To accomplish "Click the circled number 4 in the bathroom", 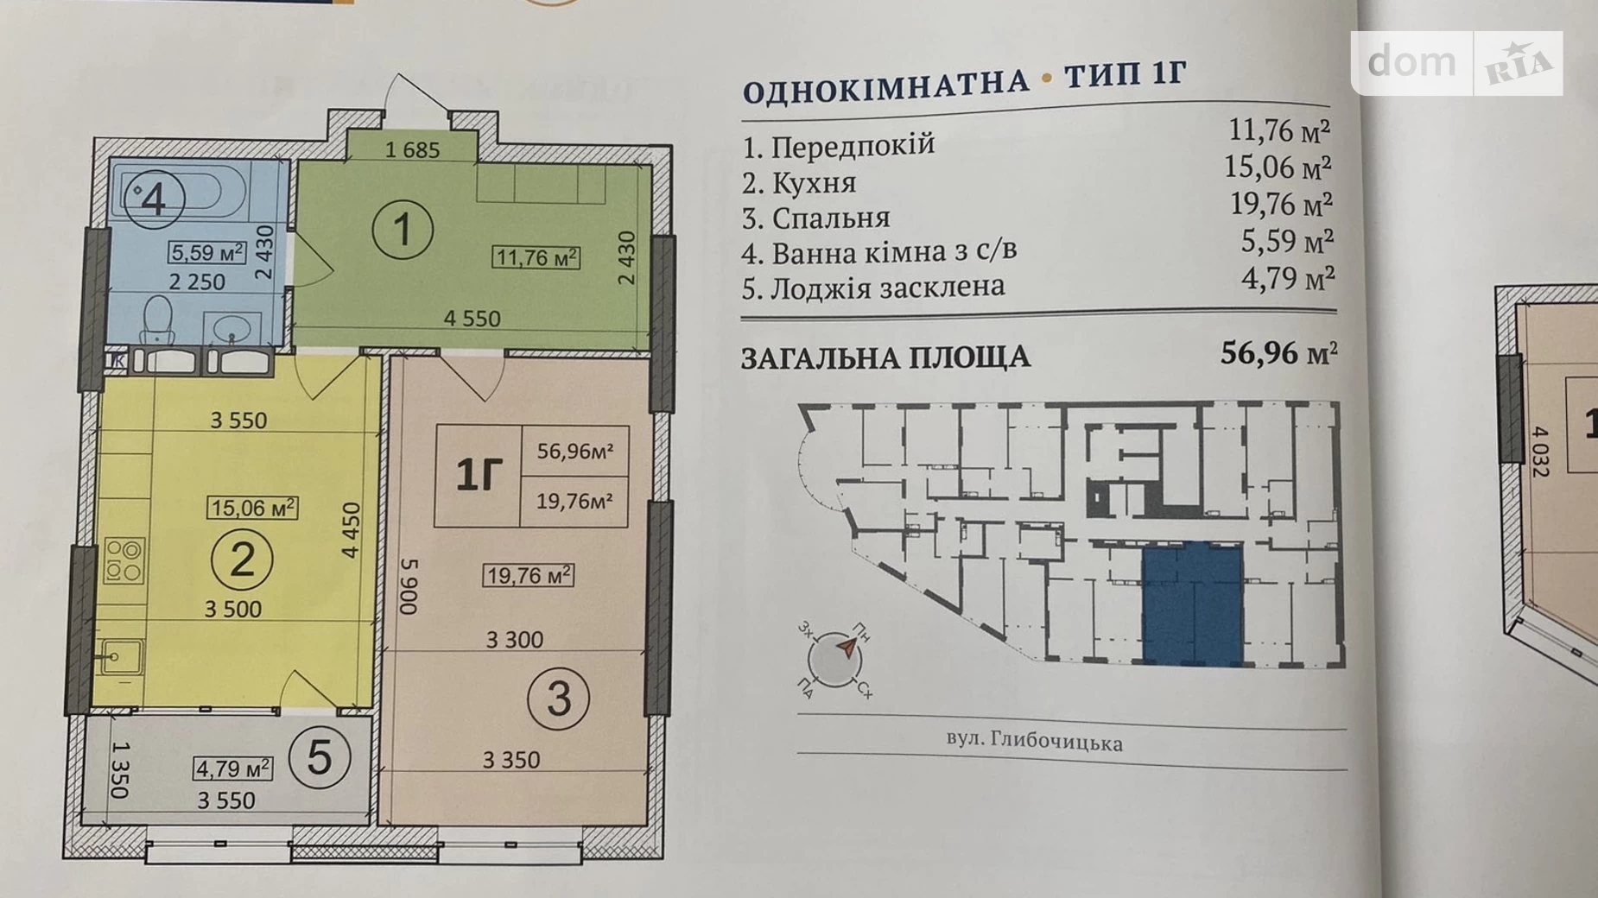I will tap(154, 199).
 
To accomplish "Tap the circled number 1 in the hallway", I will tap(403, 230).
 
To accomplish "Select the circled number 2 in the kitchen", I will tap(242, 560).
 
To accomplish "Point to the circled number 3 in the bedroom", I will tap(558, 699).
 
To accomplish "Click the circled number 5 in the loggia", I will tap(319, 758).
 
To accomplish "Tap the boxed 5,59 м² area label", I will tap(206, 252).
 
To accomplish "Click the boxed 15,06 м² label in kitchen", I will tap(252, 508).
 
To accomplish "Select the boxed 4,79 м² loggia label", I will tap(232, 768).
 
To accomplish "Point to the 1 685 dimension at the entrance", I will tap(412, 150).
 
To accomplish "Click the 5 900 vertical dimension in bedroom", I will tap(409, 585).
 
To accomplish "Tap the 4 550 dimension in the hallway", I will tap(472, 319).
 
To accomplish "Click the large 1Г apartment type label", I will tap(479, 475).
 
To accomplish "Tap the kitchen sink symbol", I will tap(120, 657).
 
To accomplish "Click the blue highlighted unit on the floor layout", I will tap(1192, 604).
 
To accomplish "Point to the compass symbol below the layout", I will tap(834, 658).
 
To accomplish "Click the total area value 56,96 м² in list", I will tap(1278, 353).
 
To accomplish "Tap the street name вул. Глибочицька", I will tap(1034, 742).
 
